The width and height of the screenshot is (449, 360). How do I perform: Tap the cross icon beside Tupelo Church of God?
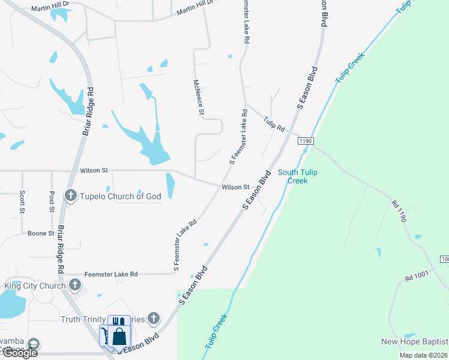click(x=71, y=196)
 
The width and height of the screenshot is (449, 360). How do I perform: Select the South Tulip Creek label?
click(x=297, y=176)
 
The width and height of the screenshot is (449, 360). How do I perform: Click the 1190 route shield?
click(x=306, y=140)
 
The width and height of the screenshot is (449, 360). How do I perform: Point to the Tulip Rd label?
click(x=273, y=124)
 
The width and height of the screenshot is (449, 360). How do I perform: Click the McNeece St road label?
click(x=200, y=97)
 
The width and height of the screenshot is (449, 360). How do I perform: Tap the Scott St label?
click(x=22, y=202)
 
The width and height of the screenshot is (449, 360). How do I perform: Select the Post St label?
click(x=52, y=202)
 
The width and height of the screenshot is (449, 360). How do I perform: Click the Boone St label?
click(x=41, y=233)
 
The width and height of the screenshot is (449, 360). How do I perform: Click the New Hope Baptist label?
click(x=414, y=342)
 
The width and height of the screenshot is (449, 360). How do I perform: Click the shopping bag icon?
click(x=119, y=337)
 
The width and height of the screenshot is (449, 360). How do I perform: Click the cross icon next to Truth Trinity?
click(x=154, y=319)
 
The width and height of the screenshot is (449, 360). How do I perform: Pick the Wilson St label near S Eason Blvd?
click(x=235, y=187)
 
